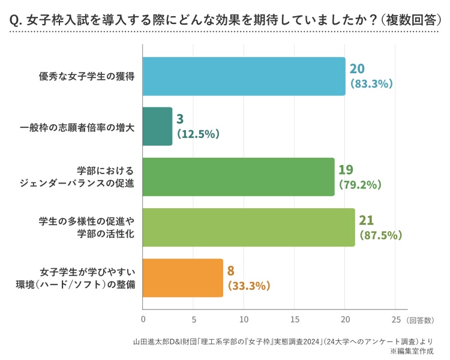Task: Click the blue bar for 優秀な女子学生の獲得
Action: pyautogui.click(x=244, y=76)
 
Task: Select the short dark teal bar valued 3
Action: pyautogui.click(x=158, y=127)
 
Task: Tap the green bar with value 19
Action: pyautogui.click(x=239, y=177)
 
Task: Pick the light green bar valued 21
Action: pyautogui.click(x=249, y=227)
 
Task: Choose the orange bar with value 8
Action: pyautogui.click(x=183, y=278)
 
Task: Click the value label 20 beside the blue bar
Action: pyautogui.click(x=358, y=68)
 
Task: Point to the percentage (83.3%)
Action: pyautogui.click(x=371, y=84)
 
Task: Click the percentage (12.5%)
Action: pyautogui.click(x=199, y=134)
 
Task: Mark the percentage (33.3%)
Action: pyautogui.click(x=249, y=286)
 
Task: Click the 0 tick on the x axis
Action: pyautogui.click(x=143, y=320)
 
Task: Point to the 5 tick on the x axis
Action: pyautogui.click(x=193, y=320)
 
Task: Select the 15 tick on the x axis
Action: pyautogui.click(x=295, y=320)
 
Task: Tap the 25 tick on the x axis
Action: pyautogui.click(x=395, y=320)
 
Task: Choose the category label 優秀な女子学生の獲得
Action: pyautogui.click(x=86, y=76)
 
